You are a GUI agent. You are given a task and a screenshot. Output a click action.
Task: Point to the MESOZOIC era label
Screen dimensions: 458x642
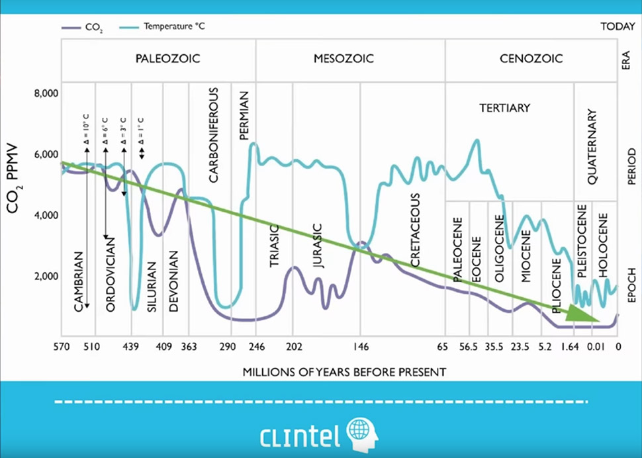(x=344, y=58)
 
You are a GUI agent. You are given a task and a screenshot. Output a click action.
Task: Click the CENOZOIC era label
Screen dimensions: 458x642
(x=531, y=58)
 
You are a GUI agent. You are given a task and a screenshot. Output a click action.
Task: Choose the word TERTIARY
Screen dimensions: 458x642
(x=505, y=107)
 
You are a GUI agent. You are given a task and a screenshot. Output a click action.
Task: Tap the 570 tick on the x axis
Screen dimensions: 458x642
(x=62, y=346)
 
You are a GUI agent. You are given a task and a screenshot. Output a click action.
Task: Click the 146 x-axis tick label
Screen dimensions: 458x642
(x=361, y=346)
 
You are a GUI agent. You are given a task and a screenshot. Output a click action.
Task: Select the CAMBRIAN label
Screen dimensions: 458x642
(x=79, y=282)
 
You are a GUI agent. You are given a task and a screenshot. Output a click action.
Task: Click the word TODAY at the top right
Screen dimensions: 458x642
(x=617, y=28)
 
